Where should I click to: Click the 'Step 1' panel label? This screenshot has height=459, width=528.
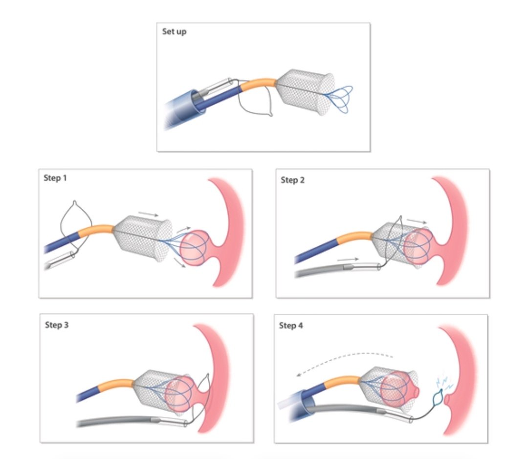55,178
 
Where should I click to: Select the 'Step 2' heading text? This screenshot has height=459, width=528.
292,180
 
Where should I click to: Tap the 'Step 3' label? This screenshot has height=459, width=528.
56,324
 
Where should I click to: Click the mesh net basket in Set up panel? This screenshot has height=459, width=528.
306,93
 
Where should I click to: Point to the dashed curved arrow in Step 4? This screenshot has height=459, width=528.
342,357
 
